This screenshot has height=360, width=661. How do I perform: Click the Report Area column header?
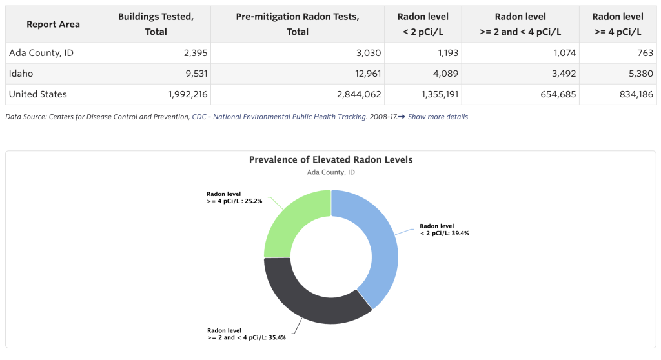tap(53, 24)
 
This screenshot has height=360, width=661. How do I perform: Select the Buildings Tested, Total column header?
tap(156, 24)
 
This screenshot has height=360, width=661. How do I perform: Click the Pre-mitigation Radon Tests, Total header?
tap(297, 24)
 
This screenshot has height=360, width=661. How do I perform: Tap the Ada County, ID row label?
tap(41, 53)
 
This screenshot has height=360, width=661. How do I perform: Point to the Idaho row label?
tap(21, 74)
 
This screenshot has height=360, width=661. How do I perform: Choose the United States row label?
tap(37, 94)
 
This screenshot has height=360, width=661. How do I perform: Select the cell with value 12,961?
tap(363, 74)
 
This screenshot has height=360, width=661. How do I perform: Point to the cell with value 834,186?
tap(635, 94)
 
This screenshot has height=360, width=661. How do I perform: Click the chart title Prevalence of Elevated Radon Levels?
tap(330, 159)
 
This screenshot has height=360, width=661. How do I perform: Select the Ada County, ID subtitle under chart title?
tap(330, 172)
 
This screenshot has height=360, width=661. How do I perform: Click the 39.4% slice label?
tap(444, 230)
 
